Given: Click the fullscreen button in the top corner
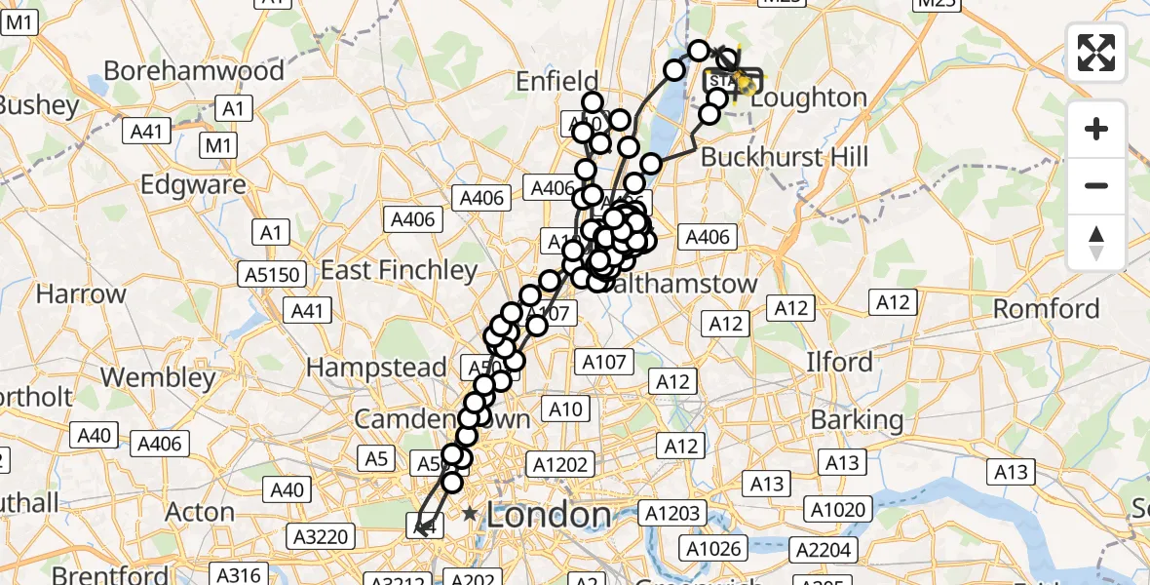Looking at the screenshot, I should (1096, 53).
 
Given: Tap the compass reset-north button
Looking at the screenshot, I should (1096, 243).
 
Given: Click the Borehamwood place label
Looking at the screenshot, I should (194, 71).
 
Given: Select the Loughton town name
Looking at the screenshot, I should (809, 97).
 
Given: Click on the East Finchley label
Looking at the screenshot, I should (400, 270).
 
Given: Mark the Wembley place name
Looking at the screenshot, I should (158, 377).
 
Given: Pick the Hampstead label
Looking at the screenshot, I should (376, 368).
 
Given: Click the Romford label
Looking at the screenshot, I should (1046, 310).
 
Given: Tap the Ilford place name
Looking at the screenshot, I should (839, 362).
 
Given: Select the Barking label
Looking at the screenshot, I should (858, 420).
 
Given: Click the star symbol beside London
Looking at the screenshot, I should (471, 514).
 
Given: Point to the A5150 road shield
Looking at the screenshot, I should (269, 276).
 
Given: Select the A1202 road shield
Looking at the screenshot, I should (559, 464).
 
